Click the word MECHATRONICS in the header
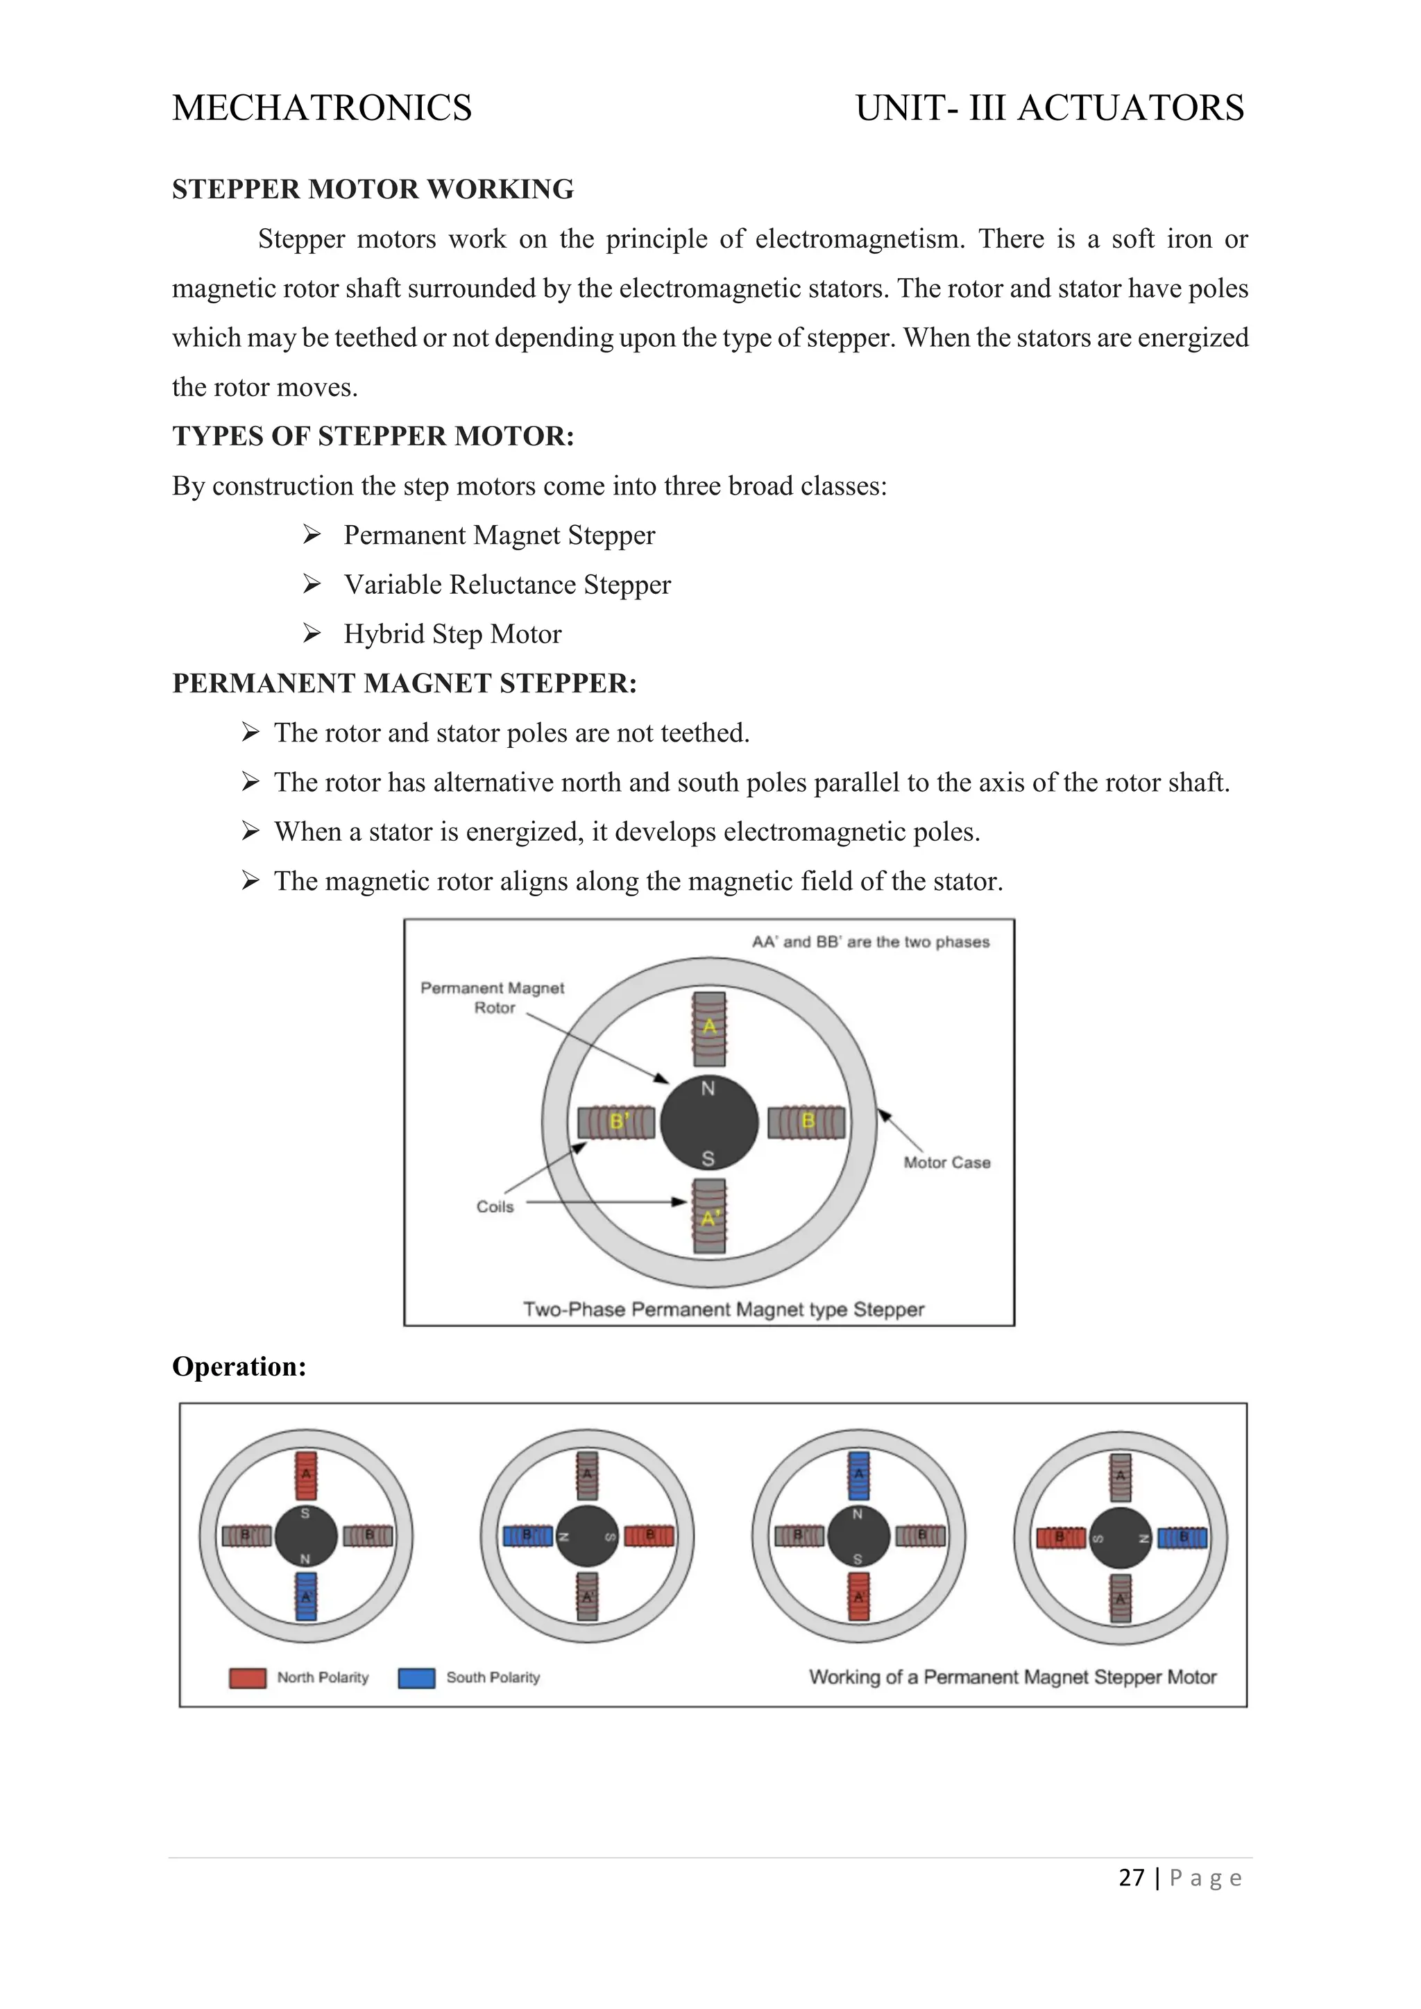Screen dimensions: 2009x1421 point(322,108)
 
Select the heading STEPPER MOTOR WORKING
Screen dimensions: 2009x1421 point(373,189)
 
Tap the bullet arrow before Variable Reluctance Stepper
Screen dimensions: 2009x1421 point(312,583)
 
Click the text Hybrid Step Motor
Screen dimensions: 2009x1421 point(452,633)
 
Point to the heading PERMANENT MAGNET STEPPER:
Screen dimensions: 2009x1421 point(405,683)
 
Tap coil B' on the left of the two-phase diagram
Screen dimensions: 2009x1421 point(617,1122)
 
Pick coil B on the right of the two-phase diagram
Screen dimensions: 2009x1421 point(807,1122)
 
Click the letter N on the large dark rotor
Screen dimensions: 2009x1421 point(708,1088)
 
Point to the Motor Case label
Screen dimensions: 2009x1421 point(946,1163)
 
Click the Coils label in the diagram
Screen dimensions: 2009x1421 point(495,1206)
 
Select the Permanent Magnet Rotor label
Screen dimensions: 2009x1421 point(493,998)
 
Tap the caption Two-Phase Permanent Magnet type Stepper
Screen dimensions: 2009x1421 point(724,1310)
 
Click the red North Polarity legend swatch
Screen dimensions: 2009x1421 point(248,1677)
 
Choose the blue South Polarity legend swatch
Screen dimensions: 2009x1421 point(416,1677)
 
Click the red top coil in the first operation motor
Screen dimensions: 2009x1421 point(305,1476)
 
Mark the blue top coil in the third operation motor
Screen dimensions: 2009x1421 point(859,1476)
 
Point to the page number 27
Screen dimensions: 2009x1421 point(1132,1878)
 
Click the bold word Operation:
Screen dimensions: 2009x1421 point(239,1367)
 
